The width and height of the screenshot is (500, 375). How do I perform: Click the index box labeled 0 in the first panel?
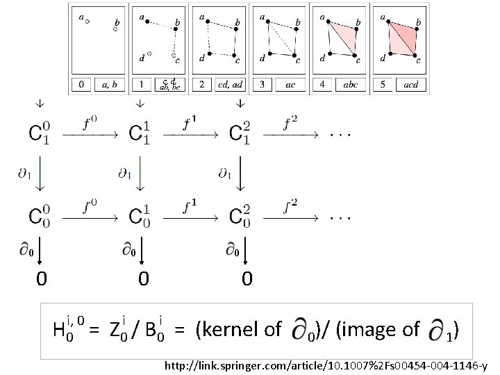coord(81,85)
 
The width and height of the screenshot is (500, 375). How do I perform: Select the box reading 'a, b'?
coord(109,85)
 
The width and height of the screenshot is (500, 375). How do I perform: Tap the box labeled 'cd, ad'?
coord(228,85)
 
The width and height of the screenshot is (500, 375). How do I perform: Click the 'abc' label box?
coord(349,85)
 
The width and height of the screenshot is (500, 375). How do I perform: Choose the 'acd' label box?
coord(410,85)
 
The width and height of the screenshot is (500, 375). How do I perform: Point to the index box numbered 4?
coord(322,85)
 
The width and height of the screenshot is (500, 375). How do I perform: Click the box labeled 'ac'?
coord(289,85)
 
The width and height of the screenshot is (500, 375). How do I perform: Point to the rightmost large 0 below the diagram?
coord(247,279)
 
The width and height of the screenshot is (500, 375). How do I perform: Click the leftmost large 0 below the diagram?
coord(42,279)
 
